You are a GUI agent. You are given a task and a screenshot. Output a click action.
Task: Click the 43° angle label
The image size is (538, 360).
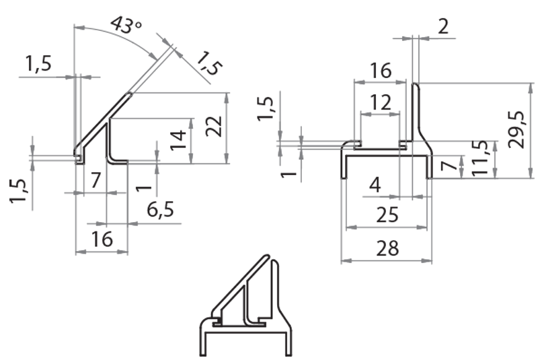coord(126,26)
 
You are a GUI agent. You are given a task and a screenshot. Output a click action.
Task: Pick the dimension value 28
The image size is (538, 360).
coord(387,248)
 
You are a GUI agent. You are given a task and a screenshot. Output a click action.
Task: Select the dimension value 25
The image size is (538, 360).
coord(387,215)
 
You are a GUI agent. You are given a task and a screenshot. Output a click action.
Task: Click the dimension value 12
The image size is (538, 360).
coord(380,102)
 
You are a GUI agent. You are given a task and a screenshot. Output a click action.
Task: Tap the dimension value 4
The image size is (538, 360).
coord(375,184)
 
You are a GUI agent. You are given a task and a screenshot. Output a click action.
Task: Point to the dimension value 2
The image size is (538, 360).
coord(443,26)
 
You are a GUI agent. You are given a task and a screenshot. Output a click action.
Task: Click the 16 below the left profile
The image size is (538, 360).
coord(102,240)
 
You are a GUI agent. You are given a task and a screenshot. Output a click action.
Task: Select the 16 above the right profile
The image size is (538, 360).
coord(380,70)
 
